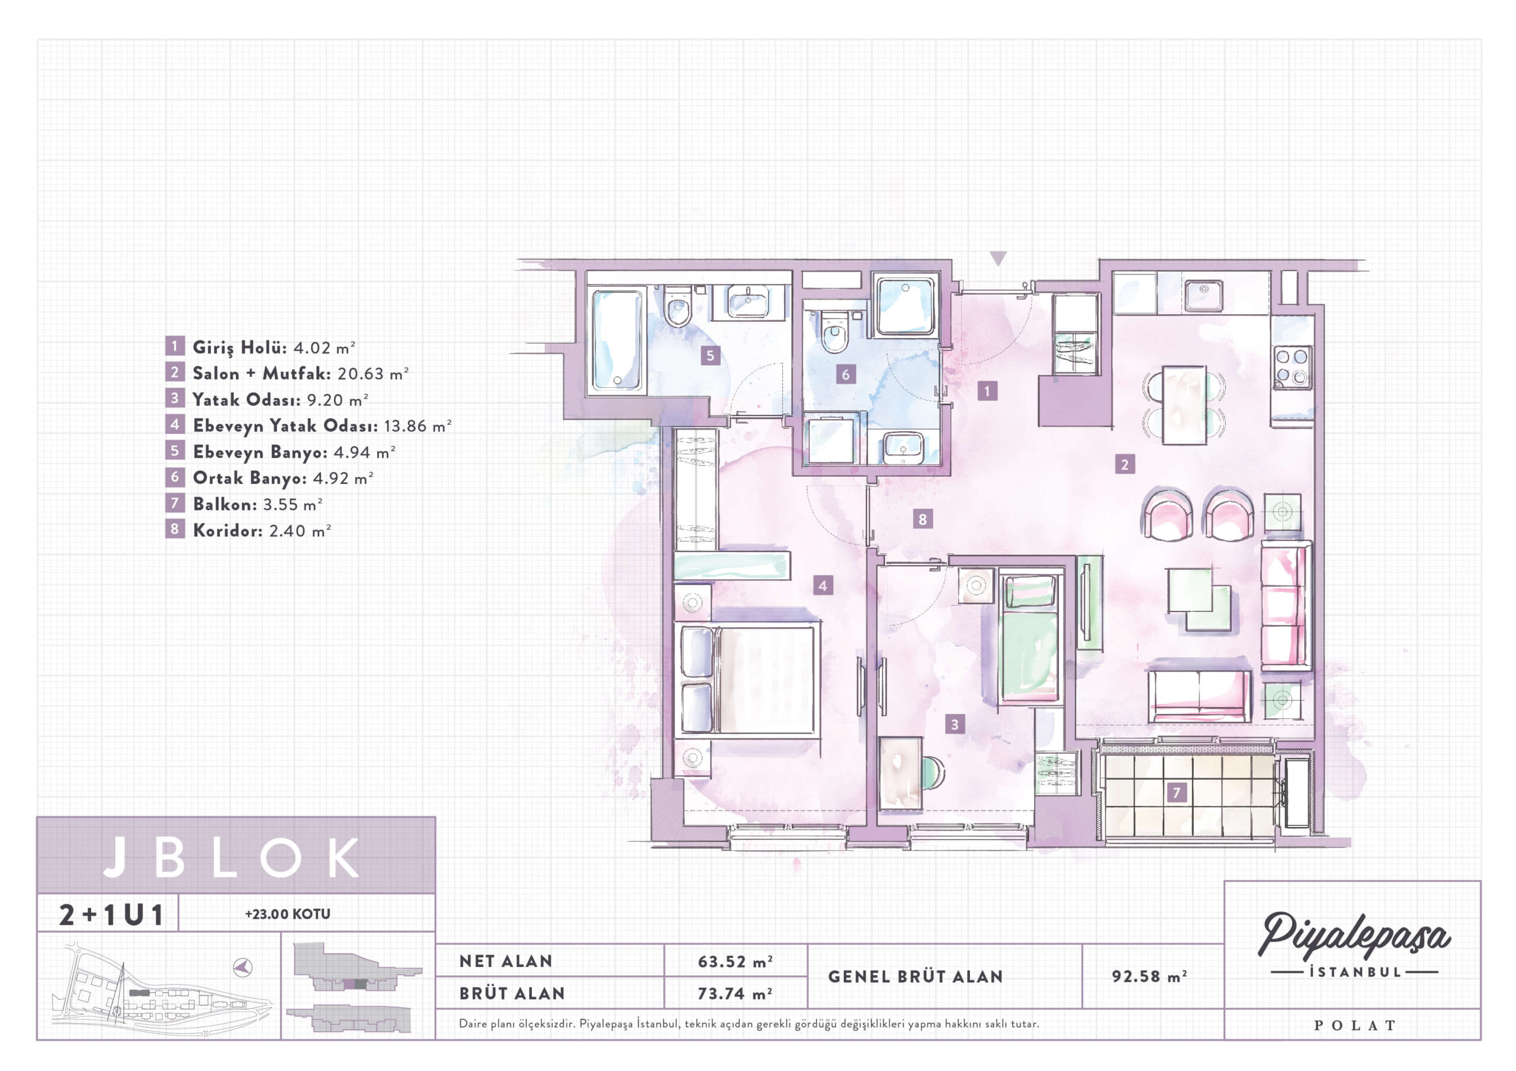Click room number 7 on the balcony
1176,792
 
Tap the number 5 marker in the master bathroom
710,356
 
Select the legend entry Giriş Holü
240,347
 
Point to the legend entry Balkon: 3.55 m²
258,504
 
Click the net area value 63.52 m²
735,962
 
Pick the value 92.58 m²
1149,976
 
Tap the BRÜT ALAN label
512,993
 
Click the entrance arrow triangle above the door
998,258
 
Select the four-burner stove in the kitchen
1292,367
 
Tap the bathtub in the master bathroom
616,339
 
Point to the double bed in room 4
746,680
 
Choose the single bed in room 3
1029,638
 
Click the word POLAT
1354,1025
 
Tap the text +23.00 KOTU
287,914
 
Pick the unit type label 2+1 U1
111,915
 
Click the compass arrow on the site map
243,967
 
